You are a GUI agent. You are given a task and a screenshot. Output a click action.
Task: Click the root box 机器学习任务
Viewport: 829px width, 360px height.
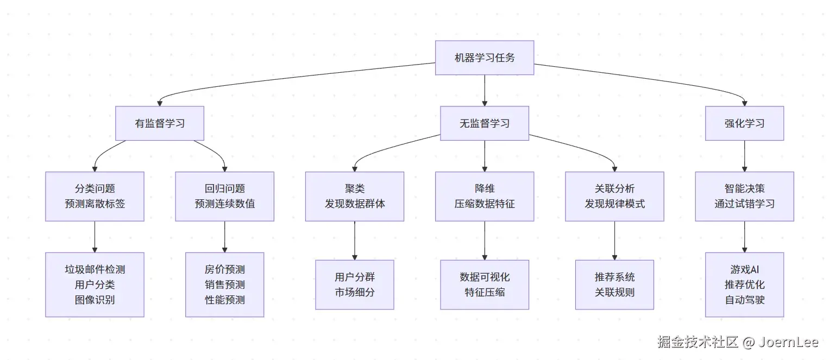click(x=485, y=58)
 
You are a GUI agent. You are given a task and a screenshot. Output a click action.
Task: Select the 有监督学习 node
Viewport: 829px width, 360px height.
click(x=160, y=123)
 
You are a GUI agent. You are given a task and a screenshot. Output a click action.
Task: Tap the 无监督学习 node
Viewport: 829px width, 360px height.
click(x=485, y=123)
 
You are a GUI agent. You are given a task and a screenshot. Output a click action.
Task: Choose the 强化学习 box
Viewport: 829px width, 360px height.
click(x=744, y=123)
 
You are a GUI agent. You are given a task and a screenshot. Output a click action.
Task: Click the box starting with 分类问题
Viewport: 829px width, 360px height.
click(x=95, y=197)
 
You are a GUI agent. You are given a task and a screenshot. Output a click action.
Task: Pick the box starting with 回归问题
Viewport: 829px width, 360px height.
click(x=225, y=197)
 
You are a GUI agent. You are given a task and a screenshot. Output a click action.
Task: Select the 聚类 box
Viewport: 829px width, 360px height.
click(x=355, y=197)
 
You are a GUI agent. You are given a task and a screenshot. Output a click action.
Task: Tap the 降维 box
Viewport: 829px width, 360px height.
click(x=485, y=197)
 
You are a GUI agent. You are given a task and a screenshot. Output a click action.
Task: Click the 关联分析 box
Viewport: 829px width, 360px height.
click(x=614, y=197)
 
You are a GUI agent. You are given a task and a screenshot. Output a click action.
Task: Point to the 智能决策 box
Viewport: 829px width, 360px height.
click(x=744, y=197)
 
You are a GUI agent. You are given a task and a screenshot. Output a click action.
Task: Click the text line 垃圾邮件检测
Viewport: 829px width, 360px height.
click(x=95, y=269)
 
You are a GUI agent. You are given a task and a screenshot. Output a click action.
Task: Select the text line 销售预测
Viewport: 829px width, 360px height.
click(x=225, y=285)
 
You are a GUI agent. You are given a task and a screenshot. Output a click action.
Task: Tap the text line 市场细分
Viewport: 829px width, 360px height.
click(x=355, y=292)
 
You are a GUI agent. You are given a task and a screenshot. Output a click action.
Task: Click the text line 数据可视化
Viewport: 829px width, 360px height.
click(x=485, y=277)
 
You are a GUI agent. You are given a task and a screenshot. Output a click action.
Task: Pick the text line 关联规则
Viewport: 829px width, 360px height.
click(x=614, y=292)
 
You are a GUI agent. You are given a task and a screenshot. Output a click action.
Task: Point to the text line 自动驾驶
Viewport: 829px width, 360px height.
click(x=744, y=300)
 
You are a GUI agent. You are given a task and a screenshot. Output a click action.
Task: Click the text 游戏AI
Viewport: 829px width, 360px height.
click(x=744, y=269)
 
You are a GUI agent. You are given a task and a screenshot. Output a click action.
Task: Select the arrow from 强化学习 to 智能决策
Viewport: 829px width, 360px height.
click(x=744, y=156)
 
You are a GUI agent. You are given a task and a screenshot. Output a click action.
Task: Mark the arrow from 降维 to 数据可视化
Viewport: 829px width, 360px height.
click(x=485, y=241)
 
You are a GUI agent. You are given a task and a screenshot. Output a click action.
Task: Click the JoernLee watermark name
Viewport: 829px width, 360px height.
click(x=788, y=342)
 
